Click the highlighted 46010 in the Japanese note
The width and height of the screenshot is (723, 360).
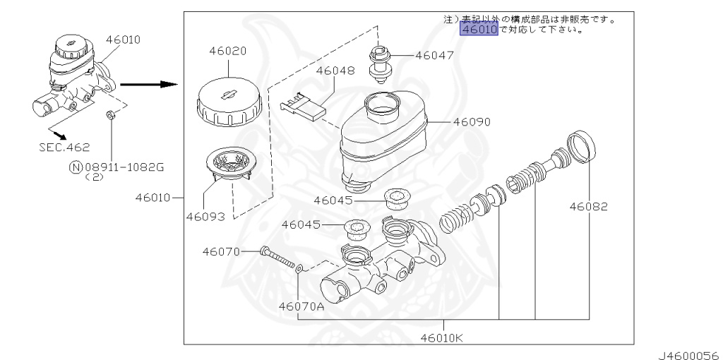(x=479, y=30)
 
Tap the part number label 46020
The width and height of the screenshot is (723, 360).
(x=228, y=51)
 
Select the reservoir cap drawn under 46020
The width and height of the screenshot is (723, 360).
(x=229, y=102)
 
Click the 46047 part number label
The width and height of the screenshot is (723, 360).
(x=434, y=56)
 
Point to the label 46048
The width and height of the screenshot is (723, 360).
(x=335, y=71)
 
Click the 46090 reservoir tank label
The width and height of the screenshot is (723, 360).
(x=471, y=122)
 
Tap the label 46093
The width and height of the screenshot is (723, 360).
(x=205, y=216)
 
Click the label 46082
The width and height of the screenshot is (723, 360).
(x=588, y=207)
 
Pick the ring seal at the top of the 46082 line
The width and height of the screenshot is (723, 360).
(x=581, y=147)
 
